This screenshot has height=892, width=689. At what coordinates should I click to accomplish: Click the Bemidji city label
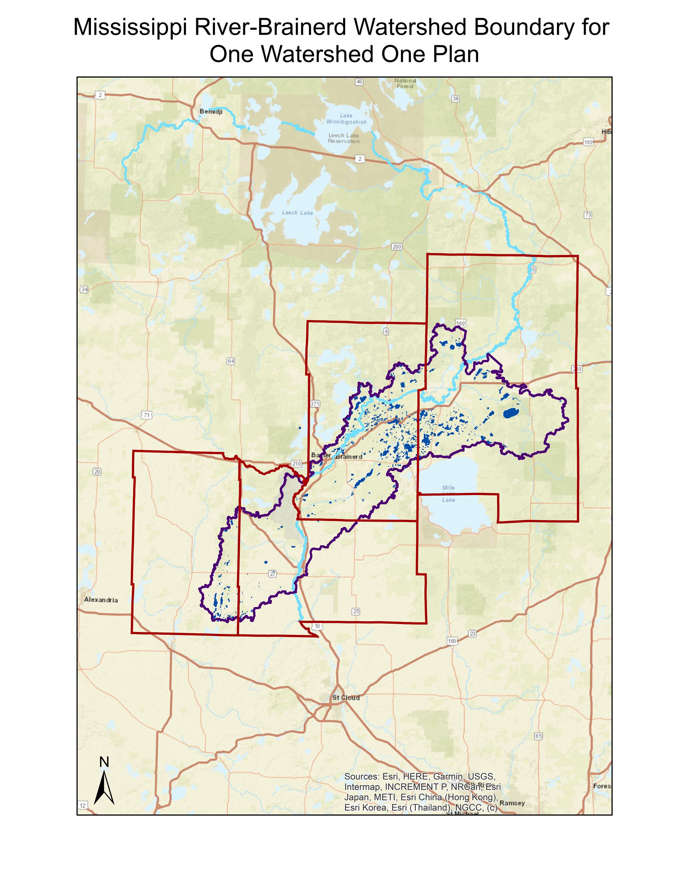211,111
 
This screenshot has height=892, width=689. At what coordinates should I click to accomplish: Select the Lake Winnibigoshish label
346,119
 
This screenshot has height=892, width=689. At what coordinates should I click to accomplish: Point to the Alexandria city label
101,600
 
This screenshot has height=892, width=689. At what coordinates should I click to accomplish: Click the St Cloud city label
346,697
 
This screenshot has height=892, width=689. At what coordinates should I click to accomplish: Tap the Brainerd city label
349,457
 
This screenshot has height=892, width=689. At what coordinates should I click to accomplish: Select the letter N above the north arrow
104,762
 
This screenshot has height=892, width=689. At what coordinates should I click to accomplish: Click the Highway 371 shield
315,403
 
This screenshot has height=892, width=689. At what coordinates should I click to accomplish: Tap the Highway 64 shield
231,361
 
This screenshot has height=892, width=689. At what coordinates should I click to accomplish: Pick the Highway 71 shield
146,415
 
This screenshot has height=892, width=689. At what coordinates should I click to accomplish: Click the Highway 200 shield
396,247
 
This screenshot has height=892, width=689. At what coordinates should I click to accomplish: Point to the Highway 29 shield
97,472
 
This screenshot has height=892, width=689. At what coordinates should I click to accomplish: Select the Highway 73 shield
588,215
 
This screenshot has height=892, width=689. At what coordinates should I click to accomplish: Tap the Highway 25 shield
356,611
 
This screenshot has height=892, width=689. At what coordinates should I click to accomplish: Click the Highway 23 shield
472,633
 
